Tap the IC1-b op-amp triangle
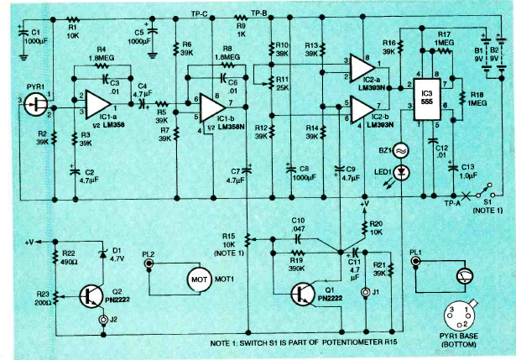pyautogui.click(x=216, y=109)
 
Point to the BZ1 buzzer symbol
pyautogui.click(x=400, y=150)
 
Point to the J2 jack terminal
pyautogui.click(x=103, y=320)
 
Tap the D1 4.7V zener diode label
pyautogui.click(x=117, y=253)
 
